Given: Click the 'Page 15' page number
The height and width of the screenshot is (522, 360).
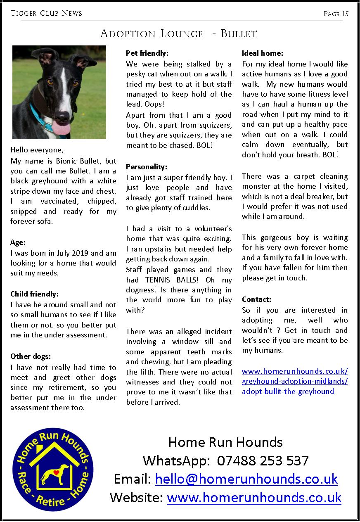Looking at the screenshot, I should point(336,14).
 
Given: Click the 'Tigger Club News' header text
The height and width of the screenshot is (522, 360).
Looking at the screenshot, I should point(46,14).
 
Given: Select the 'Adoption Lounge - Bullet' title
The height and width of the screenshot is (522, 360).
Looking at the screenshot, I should point(178,33).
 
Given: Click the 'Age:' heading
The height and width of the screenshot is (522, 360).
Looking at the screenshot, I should point(18,243).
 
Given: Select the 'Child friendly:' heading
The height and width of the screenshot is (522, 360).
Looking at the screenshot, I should point(35,294).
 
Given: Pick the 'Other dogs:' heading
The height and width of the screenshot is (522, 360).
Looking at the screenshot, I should point(31,356).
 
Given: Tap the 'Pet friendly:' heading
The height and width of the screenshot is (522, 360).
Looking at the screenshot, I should point(147,53).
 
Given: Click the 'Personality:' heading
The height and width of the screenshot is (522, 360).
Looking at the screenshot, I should point(147,167).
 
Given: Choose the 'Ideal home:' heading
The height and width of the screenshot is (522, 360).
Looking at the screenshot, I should point(263,53).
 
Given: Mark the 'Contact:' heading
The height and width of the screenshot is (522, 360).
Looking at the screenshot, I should point(256,299).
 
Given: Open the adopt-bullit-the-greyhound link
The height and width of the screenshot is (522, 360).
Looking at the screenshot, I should point(288,391).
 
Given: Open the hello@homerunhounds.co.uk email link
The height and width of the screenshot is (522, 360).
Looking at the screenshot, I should point(246,479).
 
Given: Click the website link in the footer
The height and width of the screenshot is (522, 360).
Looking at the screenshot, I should point(254,497).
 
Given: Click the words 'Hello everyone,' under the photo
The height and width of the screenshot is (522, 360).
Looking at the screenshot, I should point(37,150).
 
